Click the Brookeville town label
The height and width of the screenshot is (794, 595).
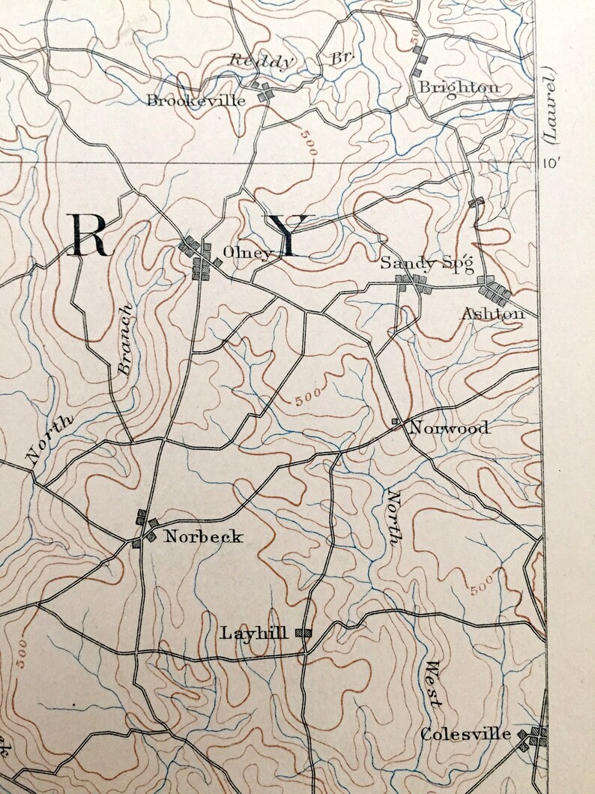point(196,100)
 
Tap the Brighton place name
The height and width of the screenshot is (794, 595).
point(459,87)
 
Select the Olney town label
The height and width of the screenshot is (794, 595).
point(247,253)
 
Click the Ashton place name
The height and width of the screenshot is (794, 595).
point(492,313)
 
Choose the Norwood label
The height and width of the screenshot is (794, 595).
point(448,428)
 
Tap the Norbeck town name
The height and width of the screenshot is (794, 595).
point(204,536)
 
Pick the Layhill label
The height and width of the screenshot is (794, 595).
point(254,633)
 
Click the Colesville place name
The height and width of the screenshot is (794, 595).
point(465,734)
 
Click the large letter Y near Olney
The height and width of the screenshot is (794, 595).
point(289,235)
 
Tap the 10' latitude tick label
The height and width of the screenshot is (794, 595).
point(552,163)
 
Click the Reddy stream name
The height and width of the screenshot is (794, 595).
point(258,61)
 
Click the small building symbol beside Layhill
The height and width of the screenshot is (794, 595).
point(303,633)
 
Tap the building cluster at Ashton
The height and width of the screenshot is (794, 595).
point(495,289)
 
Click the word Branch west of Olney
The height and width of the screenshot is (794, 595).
point(124,339)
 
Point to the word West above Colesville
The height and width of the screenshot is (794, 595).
point(432,683)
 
